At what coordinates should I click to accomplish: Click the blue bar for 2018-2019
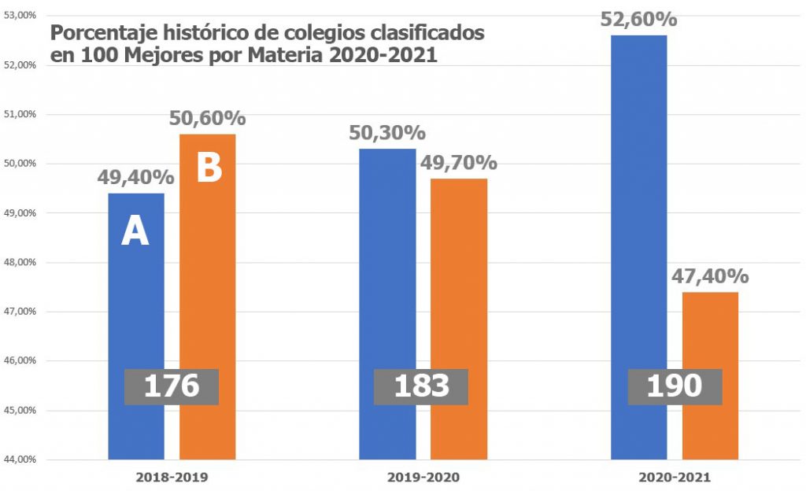[136, 299]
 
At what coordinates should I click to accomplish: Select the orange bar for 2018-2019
[208, 275]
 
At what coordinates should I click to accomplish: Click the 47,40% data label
[710, 276]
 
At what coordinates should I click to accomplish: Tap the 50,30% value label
[387, 133]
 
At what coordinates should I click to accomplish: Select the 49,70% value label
[458, 163]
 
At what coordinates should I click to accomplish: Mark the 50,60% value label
[208, 118]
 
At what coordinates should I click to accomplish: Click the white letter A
[135, 232]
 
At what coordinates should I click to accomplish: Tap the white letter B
[209, 168]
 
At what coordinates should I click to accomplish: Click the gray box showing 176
[172, 386]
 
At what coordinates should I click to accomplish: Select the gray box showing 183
[421, 386]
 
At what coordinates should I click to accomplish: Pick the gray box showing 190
[675, 386]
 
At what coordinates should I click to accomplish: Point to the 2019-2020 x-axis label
[423, 478]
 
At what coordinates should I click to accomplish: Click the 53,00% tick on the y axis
[20, 16]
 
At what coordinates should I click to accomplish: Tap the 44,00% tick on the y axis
[20, 460]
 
